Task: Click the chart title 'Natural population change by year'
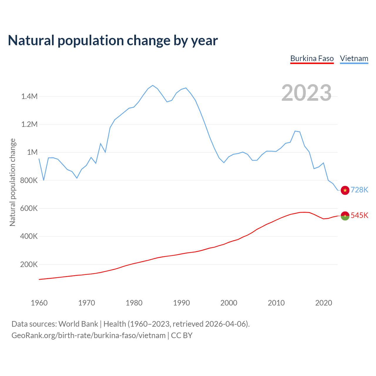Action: click(x=113, y=41)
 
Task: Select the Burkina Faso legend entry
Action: click(x=312, y=58)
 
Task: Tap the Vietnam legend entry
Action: click(x=354, y=58)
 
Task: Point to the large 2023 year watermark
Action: click(x=306, y=93)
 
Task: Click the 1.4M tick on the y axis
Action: click(x=29, y=96)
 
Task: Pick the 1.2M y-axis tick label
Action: click(x=29, y=124)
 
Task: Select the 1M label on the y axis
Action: click(x=32, y=152)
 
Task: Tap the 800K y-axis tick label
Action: click(x=29, y=180)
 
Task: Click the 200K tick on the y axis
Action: click(x=29, y=264)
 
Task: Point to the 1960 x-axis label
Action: click(x=39, y=303)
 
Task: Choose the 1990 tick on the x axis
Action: click(x=182, y=303)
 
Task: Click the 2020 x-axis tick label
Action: click(x=324, y=303)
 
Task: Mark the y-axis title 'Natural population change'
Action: click(x=12, y=182)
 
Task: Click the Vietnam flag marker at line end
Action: click(x=345, y=190)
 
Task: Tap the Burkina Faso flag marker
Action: click(x=345, y=216)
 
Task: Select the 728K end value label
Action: click(x=359, y=190)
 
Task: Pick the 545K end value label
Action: click(x=359, y=216)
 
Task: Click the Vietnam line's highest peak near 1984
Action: click(x=153, y=85)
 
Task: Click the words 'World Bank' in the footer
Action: click(x=78, y=324)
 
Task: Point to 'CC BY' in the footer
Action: click(x=182, y=335)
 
